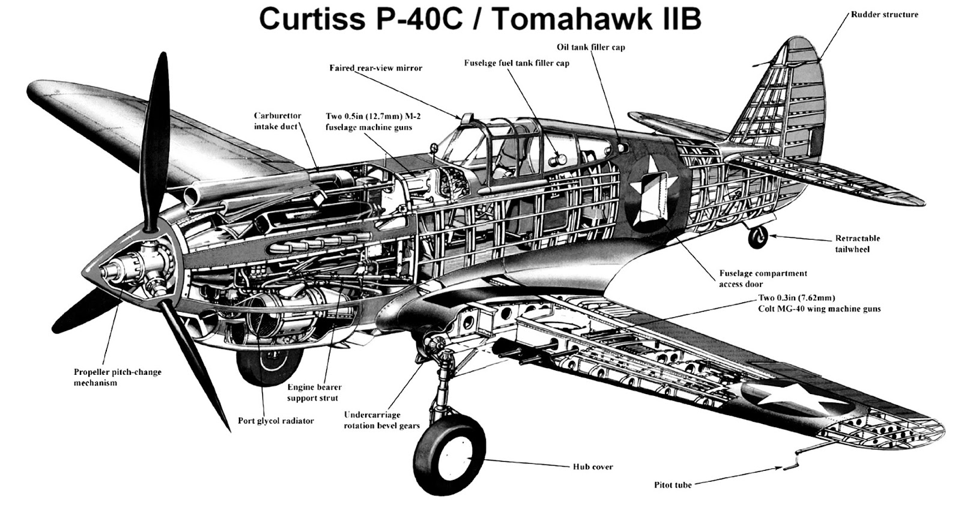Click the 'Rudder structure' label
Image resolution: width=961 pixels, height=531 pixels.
884,14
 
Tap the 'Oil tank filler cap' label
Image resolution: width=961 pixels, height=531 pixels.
590,47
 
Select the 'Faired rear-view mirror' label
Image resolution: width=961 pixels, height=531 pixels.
375,68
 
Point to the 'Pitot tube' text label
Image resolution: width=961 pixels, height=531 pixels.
673,485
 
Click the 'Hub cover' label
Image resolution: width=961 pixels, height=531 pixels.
592,467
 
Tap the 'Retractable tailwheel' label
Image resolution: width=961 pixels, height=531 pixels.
857,243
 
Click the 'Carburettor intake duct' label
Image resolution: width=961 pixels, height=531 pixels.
277,121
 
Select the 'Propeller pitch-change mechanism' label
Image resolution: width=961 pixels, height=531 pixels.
118,377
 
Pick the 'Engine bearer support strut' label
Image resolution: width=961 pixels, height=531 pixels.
312,392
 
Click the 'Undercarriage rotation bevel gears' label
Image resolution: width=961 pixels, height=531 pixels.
381,420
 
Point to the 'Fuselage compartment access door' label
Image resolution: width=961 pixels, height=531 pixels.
763,279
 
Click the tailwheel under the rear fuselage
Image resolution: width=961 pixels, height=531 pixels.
757,238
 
